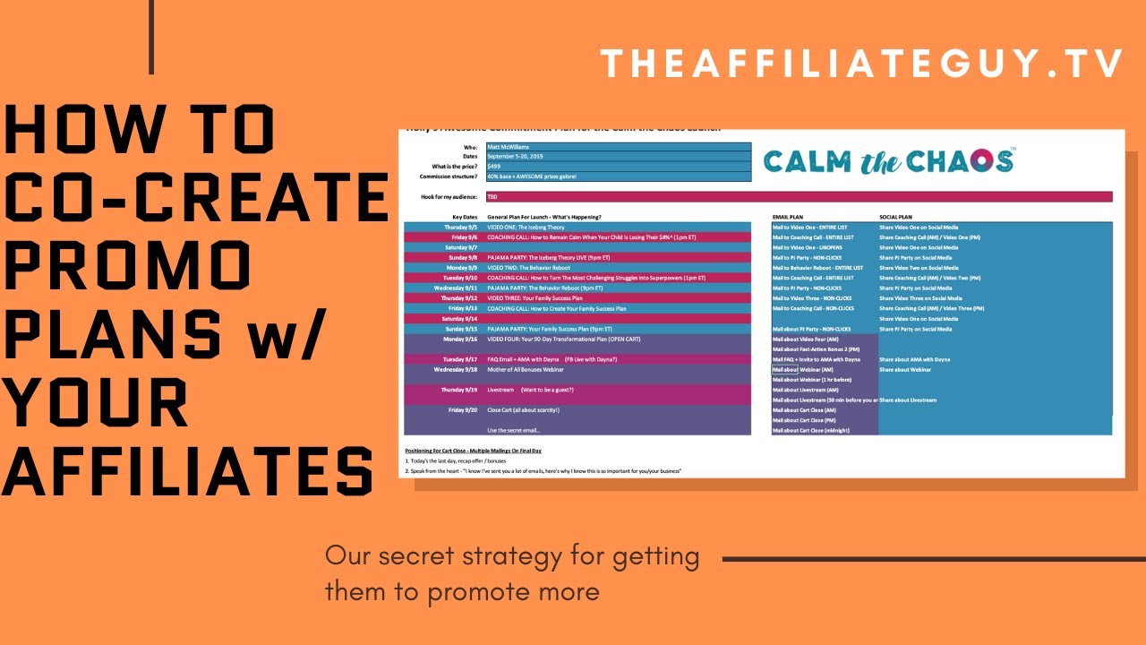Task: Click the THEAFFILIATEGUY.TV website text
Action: [862, 64]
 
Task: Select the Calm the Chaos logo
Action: [888, 161]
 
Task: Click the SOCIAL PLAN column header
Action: [896, 217]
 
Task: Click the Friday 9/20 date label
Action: [462, 410]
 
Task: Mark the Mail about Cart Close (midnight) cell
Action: [811, 431]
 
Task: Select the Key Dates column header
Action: [465, 217]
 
